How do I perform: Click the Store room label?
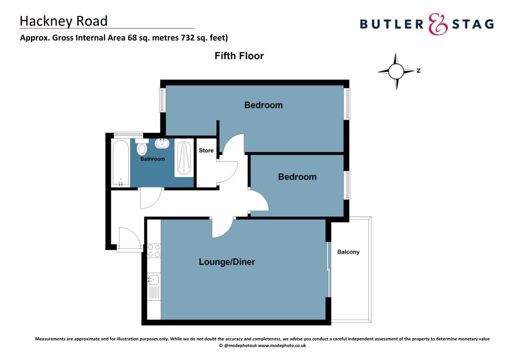[206, 150]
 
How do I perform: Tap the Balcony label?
[348, 252]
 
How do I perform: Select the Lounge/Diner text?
[227, 262]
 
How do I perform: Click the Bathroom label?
[153, 159]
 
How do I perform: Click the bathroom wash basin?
[162, 143]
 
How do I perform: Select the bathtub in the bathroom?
[121, 162]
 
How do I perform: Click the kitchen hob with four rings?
[154, 251]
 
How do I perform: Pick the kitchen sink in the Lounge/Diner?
[154, 279]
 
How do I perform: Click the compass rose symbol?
[396, 71]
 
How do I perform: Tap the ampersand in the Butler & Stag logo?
[438, 24]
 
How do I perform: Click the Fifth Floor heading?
[239, 56]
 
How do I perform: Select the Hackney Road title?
[64, 21]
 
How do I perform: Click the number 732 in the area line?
[188, 38]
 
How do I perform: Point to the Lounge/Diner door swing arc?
[222, 228]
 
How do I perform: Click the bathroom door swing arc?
[151, 199]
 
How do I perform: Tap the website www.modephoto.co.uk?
[282, 346]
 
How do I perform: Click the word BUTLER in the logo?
[391, 24]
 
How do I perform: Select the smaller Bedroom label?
[297, 177]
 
